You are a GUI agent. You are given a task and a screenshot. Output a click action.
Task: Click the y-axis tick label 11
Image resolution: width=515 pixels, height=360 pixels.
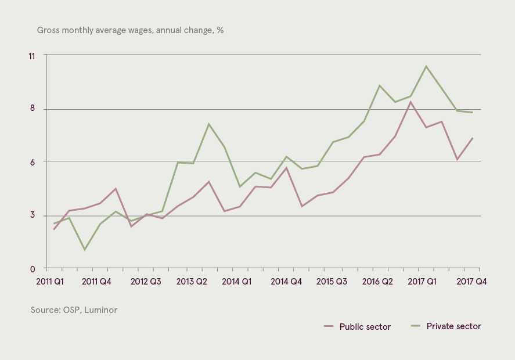click(32, 56)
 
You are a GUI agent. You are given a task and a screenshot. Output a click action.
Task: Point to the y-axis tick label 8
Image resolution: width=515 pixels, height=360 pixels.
click(32, 108)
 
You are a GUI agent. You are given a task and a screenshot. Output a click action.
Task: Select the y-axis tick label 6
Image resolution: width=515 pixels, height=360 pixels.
click(32, 162)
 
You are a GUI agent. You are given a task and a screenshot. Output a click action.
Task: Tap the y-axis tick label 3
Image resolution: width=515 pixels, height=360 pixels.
click(32, 215)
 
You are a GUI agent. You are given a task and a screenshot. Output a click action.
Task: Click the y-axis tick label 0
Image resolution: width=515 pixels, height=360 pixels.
click(32, 269)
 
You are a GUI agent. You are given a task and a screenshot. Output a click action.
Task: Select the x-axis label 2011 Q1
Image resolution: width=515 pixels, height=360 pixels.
click(50, 282)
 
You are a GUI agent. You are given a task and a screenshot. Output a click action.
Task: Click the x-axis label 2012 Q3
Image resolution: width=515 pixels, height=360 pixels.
click(146, 282)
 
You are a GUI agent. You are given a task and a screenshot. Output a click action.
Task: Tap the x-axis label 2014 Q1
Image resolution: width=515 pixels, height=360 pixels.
click(237, 282)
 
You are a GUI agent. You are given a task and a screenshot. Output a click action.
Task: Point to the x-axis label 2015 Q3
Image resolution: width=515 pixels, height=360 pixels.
click(332, 282)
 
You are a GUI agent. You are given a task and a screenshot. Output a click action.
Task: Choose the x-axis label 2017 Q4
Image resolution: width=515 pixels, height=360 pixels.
click(471, 282)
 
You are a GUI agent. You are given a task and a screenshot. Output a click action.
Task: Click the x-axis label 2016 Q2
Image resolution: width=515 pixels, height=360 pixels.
click(377, 282)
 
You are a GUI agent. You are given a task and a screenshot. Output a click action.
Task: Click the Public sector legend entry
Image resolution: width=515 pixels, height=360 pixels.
click(357, 326)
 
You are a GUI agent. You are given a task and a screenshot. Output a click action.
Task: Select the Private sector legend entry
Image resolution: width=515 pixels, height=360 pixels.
click(446, 326)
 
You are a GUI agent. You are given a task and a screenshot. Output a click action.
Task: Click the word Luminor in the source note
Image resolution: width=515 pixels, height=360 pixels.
click(101, 309)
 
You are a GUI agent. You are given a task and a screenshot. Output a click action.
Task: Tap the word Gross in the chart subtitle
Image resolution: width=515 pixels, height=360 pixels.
click(48, 30)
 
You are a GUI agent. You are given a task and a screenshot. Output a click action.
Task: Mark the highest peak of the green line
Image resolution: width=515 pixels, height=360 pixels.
click(426, 66)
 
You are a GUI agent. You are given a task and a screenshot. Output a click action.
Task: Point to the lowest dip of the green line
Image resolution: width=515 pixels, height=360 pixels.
click(85, 250)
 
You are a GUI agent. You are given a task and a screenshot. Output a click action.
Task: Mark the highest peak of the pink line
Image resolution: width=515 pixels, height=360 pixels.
click(410, 102)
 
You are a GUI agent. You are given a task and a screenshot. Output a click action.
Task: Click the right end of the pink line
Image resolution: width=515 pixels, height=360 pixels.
click(472, 138)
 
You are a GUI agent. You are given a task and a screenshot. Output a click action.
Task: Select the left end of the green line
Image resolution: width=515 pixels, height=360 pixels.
click(54, 224)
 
